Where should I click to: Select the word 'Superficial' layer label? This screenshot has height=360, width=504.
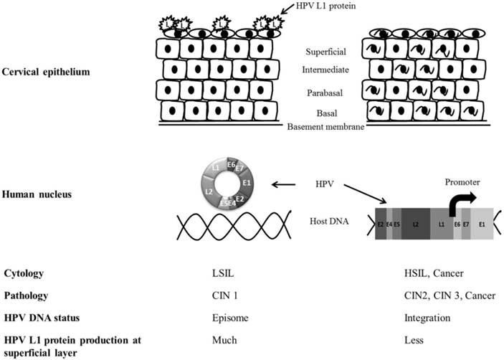tap(326, 52)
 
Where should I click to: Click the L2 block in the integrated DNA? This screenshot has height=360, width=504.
tap(416, 224)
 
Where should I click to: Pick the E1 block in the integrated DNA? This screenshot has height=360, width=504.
tap(482, 224)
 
